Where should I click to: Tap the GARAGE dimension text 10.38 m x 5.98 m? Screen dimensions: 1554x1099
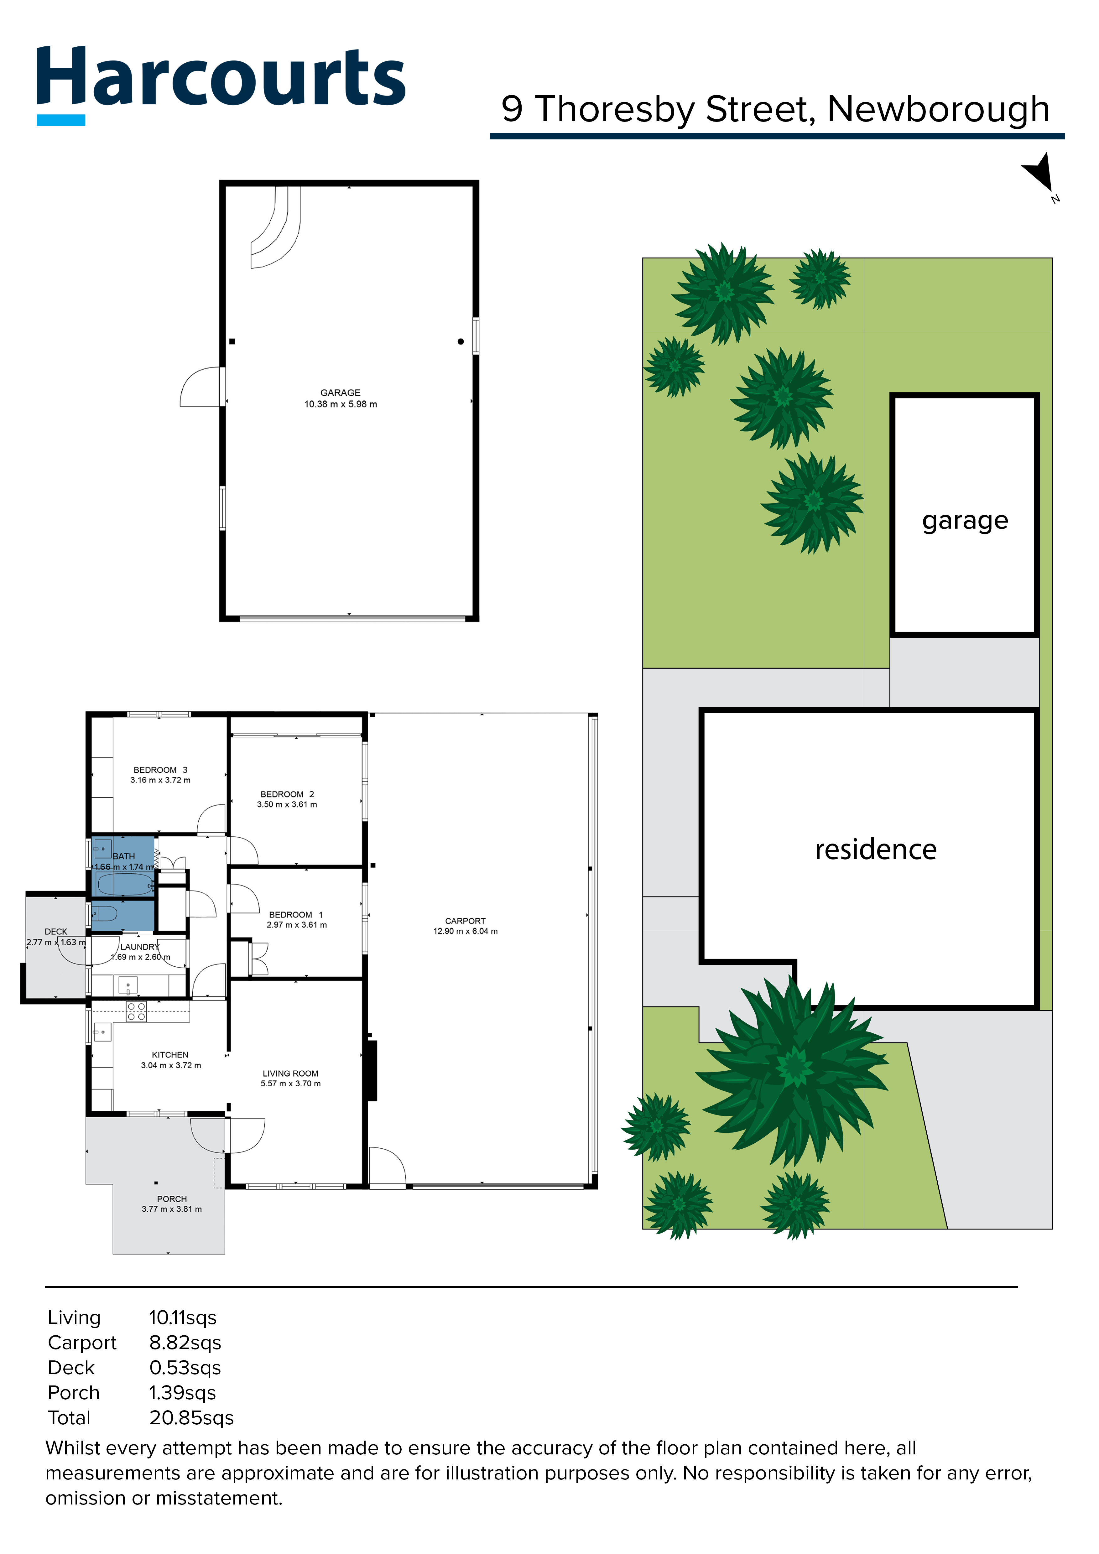341,404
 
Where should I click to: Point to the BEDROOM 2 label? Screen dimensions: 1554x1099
287,794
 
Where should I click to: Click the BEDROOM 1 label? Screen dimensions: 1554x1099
296,914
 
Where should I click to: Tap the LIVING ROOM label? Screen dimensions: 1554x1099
290,1073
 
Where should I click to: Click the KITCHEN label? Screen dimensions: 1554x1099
170,1054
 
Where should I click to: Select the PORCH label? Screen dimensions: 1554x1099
172,1199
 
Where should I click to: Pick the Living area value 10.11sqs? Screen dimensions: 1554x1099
183,1318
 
